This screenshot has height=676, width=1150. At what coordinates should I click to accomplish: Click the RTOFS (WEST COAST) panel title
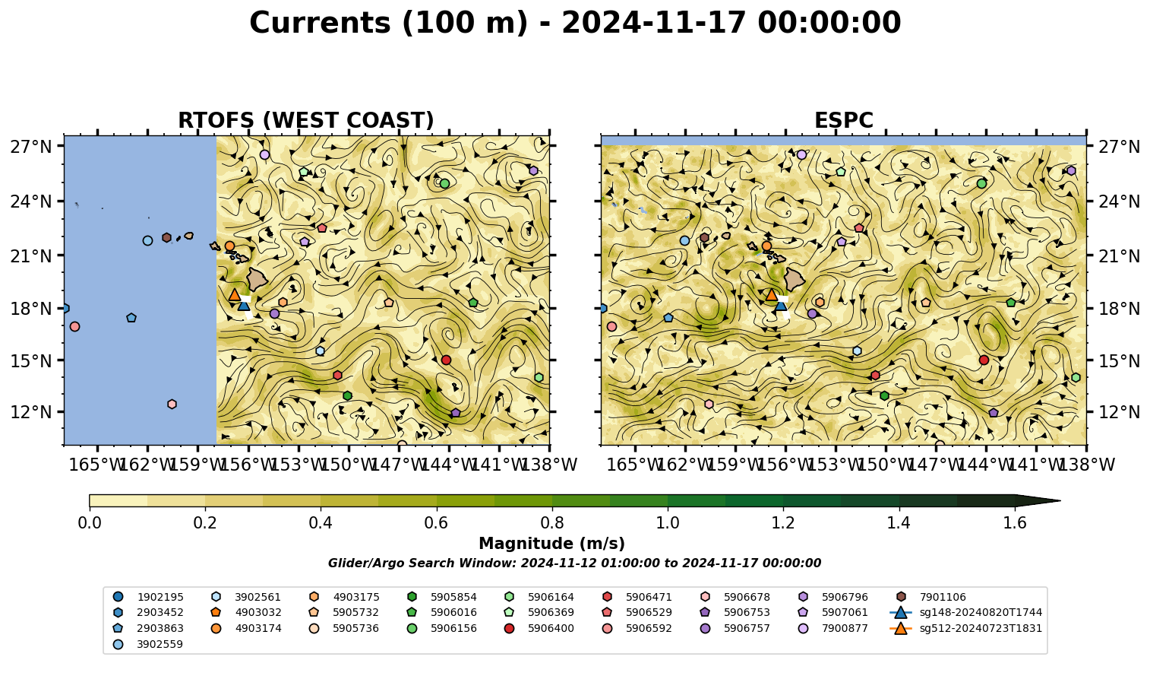click(306, 120)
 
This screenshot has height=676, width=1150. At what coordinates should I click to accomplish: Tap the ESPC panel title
click(843, 120)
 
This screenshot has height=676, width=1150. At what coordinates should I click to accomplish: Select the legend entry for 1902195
click(148, 597)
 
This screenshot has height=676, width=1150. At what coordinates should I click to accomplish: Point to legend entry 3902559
click(148, 644)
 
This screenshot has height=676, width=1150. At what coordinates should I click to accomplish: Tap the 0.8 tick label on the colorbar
click(552, 523)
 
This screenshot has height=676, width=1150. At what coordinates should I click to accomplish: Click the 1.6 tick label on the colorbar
click(1015, 523)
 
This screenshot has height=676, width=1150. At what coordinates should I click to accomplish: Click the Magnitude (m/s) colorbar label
click(552, 544)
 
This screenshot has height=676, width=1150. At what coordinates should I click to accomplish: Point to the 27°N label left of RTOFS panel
click(31, 147)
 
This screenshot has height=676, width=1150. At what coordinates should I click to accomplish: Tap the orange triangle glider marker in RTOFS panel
click(235, 294)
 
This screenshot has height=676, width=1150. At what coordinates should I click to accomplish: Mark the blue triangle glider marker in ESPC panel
click(781, 306)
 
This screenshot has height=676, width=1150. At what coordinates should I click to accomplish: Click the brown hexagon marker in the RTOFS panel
click(166, 237)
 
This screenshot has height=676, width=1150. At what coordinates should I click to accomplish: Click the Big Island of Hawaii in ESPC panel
click(795, 280)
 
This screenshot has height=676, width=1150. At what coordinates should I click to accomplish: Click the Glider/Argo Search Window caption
click(574, 563)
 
